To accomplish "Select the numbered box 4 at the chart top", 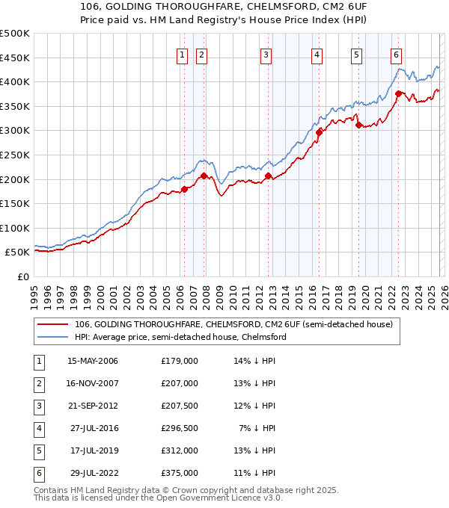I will (317, 54).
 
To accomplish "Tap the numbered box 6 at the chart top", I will (396, 54).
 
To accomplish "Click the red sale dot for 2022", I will (399, 93).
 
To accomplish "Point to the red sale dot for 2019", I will (358, 125).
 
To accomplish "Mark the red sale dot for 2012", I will (268, 176).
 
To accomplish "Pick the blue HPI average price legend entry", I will (180, 338).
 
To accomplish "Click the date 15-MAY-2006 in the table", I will (93, 361).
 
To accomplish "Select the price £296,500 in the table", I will (179, 428).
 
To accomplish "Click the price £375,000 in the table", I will (179, 473).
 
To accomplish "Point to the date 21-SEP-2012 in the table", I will (93, 406).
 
